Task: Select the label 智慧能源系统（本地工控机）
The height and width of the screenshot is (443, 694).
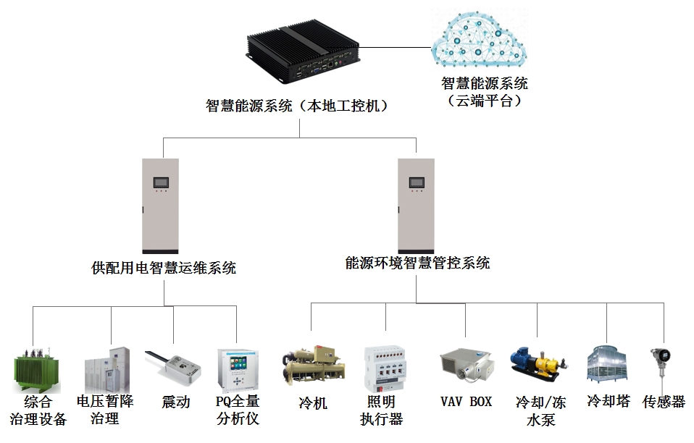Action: coord(298,106)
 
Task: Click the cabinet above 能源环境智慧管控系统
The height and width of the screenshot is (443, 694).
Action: coord(417,206)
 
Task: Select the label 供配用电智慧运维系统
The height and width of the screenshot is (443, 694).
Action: coord(164,268)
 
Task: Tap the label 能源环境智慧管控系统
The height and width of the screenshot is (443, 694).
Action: coord(418,263)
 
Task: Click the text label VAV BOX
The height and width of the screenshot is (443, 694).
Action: coord(466,401)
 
